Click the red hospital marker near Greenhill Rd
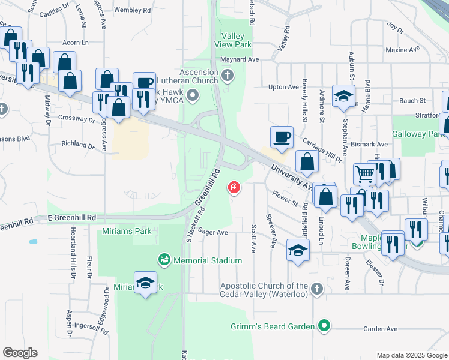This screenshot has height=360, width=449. [234, 188]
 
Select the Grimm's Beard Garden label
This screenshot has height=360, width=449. [273, 326]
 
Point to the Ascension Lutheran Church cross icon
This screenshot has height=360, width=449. [227, 76]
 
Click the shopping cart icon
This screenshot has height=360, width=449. [364, 174]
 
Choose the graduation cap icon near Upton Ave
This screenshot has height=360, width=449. [343, 95]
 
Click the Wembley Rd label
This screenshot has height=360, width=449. [132, 10]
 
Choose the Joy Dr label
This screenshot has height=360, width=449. [394, 26]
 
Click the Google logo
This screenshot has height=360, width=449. [20, 353]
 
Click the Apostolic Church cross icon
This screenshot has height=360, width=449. [317, 289]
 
